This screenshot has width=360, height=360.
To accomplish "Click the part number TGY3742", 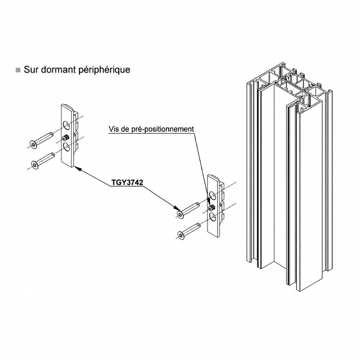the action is point(127,182).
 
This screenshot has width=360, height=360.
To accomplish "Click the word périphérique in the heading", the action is point(104,70).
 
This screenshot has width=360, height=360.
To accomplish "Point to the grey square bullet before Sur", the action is point(18,70).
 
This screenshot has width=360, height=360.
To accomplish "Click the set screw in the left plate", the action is point(66,138).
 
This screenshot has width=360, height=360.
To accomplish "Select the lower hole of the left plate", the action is point(66,147).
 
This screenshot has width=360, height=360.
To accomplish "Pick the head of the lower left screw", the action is point(35,165).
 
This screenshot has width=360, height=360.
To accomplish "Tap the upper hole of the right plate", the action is point(212,196).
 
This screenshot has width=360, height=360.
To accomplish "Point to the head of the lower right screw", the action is point(181,235).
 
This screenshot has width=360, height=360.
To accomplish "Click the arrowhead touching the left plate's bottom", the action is point(78,168).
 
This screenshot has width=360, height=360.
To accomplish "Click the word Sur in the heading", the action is point(31,69).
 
